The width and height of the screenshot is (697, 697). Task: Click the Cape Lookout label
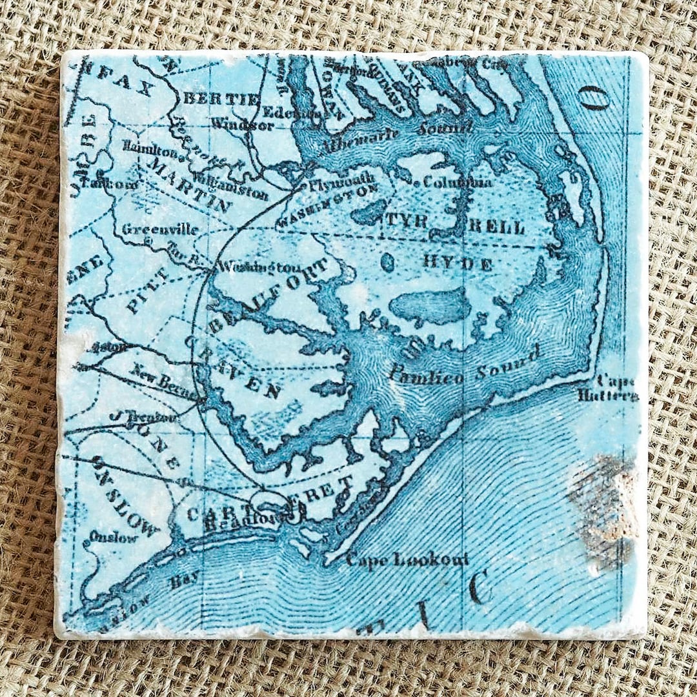[x=407, y=559]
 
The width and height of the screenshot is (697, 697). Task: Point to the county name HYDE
[x=458, y=263]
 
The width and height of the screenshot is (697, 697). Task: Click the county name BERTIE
[x=221, y=99]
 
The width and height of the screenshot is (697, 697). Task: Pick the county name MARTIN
[x=190, y=185]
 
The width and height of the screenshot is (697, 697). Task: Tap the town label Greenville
[x=160, y=229]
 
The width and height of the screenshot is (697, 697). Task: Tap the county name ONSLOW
[x=126, y=496]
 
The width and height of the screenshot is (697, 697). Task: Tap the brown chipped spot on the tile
[x=603, y=507]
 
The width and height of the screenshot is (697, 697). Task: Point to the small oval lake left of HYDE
[x=386, y=262]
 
